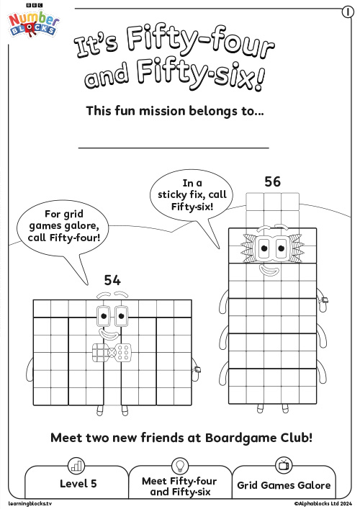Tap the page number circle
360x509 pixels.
click(x=348, y=12)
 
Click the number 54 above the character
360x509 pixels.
click(x=112, y=280)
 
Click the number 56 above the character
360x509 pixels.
click(x=272, y=181)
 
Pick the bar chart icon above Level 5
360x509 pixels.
click(x=76, y=466)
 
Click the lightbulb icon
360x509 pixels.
click(x=179, y=466)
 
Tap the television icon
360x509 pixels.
click(x=284, y=465)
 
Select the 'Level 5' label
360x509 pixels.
click(x=78, y=484)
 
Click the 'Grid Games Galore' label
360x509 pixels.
click(x=284, y=485)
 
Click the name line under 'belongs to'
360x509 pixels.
click(x=174, y=148)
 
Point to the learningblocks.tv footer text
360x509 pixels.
click(x=30, y=503)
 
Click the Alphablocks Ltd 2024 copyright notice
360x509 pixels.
click(x=323, y=503)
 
